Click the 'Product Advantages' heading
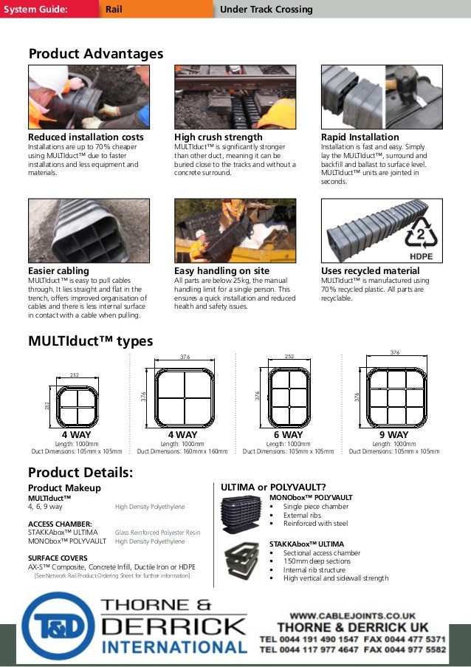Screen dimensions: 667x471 pos(95,54)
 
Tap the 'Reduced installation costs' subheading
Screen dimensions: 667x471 pos(86,137)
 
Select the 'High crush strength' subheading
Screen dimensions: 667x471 pos(218,137)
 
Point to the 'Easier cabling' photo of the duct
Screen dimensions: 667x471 pos(89,231)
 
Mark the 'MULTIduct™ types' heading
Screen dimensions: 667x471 pos(90,341)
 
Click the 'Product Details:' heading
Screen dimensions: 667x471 pos(80,473)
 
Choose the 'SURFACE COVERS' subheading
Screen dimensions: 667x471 pos(58,558)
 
